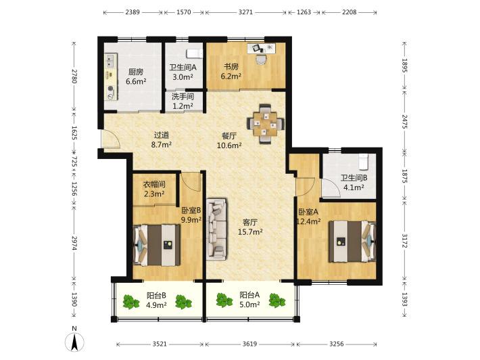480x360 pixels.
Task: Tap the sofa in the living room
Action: pos(217,229)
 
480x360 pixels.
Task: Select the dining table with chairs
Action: pos(266,124)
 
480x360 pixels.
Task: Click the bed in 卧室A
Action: pos(352,242)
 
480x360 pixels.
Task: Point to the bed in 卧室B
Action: pos(157,245)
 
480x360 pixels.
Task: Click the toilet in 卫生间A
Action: pos(195,53)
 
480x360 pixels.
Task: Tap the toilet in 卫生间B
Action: pos(363,162)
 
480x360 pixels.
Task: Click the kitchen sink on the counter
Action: pos(110,61)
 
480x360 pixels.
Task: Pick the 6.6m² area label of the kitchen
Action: pos(136,81)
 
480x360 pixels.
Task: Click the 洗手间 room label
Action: pos(183,97)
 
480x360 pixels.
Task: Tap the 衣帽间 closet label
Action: pos(155,184)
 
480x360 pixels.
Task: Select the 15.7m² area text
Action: pos(250,232)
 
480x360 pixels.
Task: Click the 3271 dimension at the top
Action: pos(245,12)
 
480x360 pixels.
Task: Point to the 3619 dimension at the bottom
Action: pos(249,344)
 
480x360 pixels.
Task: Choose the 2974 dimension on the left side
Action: pos(74,243)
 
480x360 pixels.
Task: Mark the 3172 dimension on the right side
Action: pos(405,241)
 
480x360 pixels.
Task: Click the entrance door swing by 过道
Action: pos(110,139)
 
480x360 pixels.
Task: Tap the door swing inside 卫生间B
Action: pos(330,188)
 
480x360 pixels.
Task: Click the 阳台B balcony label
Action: pos(156,295)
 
